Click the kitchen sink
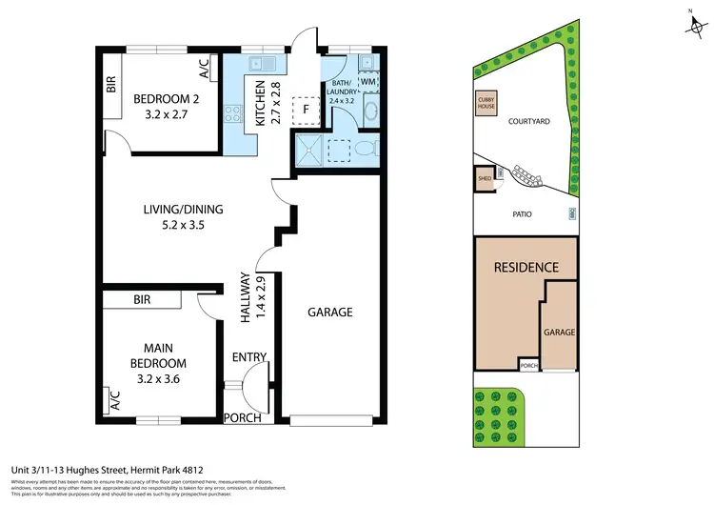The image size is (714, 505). point(259,65)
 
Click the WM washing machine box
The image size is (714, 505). point(368,83)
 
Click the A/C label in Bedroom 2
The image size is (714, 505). point(203,69)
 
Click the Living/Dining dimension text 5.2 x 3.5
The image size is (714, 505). point(171,226)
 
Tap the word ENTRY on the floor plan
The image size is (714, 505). point(249,357)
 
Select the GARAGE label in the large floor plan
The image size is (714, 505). point(330,312)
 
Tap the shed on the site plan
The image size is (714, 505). point(485,179)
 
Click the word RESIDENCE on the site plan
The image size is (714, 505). point(526,268)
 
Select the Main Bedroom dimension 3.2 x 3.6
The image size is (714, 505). point(158,378)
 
